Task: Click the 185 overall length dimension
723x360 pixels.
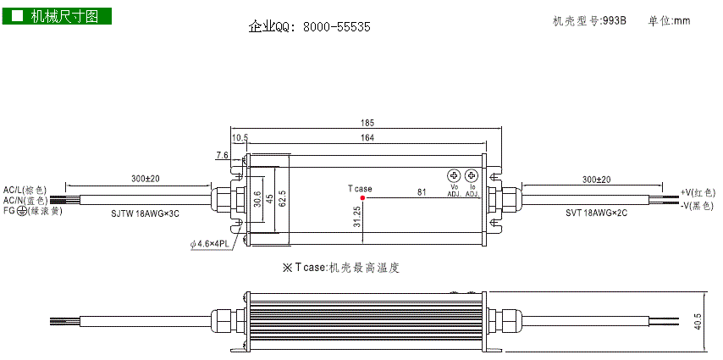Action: click(x=367, y=123)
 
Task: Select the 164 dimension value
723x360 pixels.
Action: click(x=367, y=137)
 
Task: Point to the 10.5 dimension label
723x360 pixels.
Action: click(x=239, y=137)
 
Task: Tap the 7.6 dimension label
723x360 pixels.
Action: click(x=222, y=155)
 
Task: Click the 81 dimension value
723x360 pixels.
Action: click(x=421, y=192)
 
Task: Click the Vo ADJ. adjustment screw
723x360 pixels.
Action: click(x=453, y=175)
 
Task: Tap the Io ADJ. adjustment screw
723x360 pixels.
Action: click(x=472, y=175)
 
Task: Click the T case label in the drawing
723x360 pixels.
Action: click(x=359, y=189)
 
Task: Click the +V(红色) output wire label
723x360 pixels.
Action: click(x=697, y=193)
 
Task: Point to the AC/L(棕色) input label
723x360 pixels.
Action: click(x=25, y=190)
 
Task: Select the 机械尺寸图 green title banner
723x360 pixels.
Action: click(x=56, y=16)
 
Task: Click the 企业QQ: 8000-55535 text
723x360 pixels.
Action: click(x=309, y=27)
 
